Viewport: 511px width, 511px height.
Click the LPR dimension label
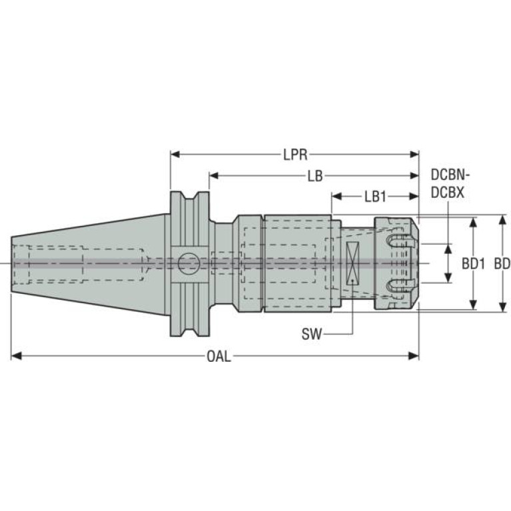(x=294, y=155)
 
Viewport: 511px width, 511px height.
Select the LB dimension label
(x=315, y=177)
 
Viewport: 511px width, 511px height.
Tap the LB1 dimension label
(x=375, y=197)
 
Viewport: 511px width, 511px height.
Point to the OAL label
(x=219, y=356)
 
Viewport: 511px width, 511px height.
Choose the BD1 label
(x=472, y=264)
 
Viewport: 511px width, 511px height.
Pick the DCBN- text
(x=450, y=176)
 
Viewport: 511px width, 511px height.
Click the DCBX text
(x=447, y=192)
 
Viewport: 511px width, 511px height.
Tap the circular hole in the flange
(x=188, y=263)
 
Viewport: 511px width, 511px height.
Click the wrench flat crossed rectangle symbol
(x=352, y=264)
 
